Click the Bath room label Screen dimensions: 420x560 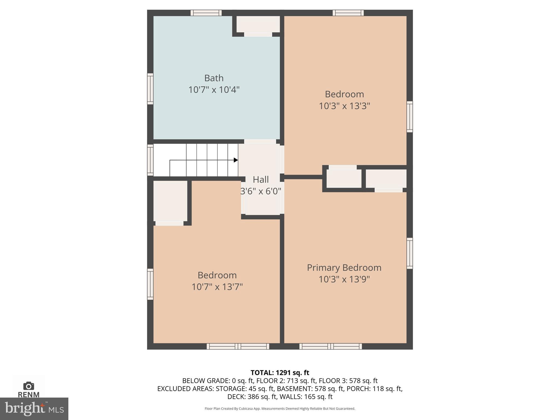pyautogui.click(x=214, y=78)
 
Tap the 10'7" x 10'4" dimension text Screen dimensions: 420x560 pyautogui.click(x=214, y=90)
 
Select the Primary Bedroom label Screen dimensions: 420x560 pyautogui.click(x=344, y=268)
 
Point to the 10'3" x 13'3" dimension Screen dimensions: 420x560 pyautogui.click(x=344, y=106)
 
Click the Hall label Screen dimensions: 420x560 pyautogui.click(x=261, y=180)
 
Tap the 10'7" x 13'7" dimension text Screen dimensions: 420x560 pyautogui.click(x=217, y=287)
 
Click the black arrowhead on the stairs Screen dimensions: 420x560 pyautogui.click(x=236, y=160)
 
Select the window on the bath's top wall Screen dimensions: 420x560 pyautogui.click(x=206, y=13)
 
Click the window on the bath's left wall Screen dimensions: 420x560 pyautogui.click(x=150, y=89)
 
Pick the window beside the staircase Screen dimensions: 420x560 pyautogui.click(x=150, y=160)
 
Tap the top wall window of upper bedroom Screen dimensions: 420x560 pyautogui.click(x=348, y=13)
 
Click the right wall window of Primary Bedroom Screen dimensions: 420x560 pyautogui.click(x=409, y=253)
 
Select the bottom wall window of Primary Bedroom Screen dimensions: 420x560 pyautogui.click(x=331, y=346)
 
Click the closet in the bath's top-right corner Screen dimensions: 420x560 pyautogui.click(x=258, y=24)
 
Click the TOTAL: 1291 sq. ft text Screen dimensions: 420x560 pyautogui.click(x=280, y=373)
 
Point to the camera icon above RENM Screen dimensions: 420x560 pyautogui.click(x=29, y=386)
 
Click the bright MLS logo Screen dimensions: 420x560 pyautogui.click(x=34, y=409)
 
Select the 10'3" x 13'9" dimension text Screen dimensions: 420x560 pyautogui.click(x=344, y=279)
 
